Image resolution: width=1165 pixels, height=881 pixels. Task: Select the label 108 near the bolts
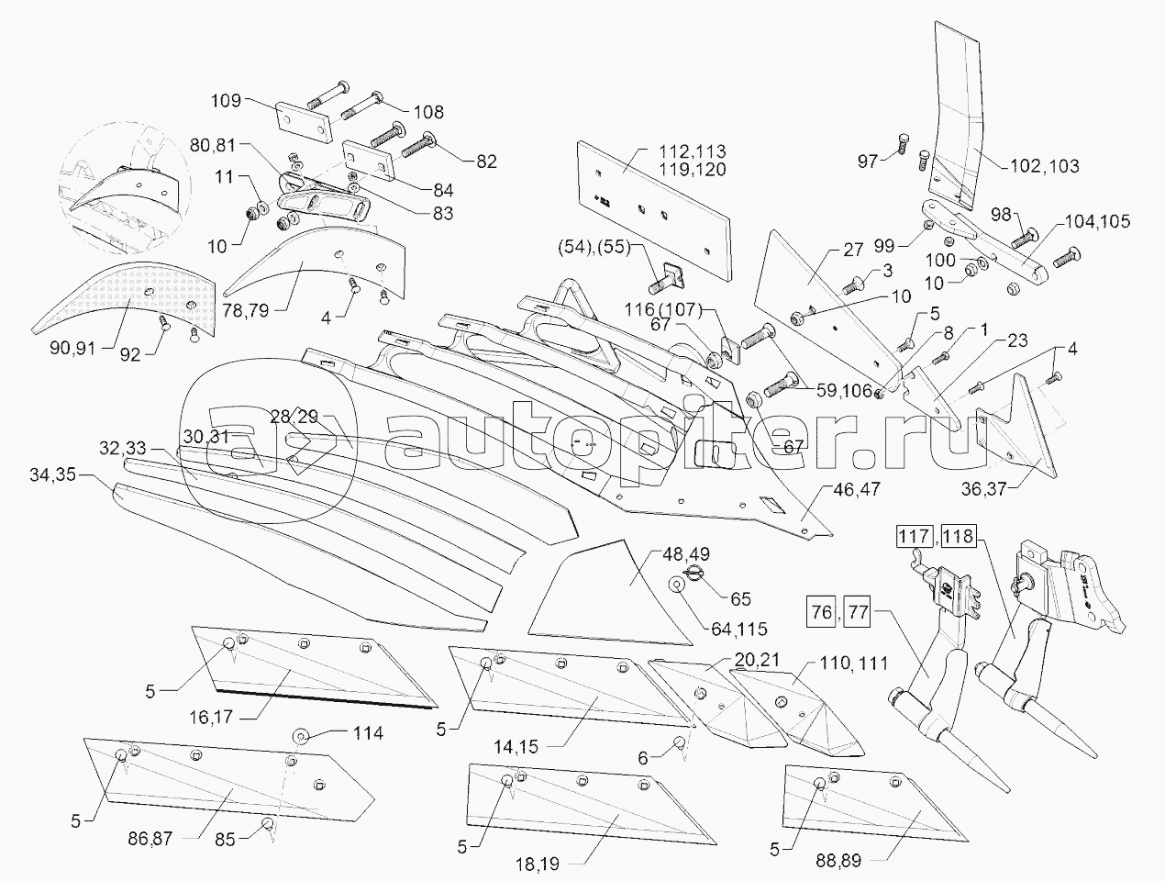(x=427, y=111)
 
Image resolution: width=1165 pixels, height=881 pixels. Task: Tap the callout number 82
(x=485, y=162)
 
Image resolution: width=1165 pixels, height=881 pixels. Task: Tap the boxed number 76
(x=823, y=609)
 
